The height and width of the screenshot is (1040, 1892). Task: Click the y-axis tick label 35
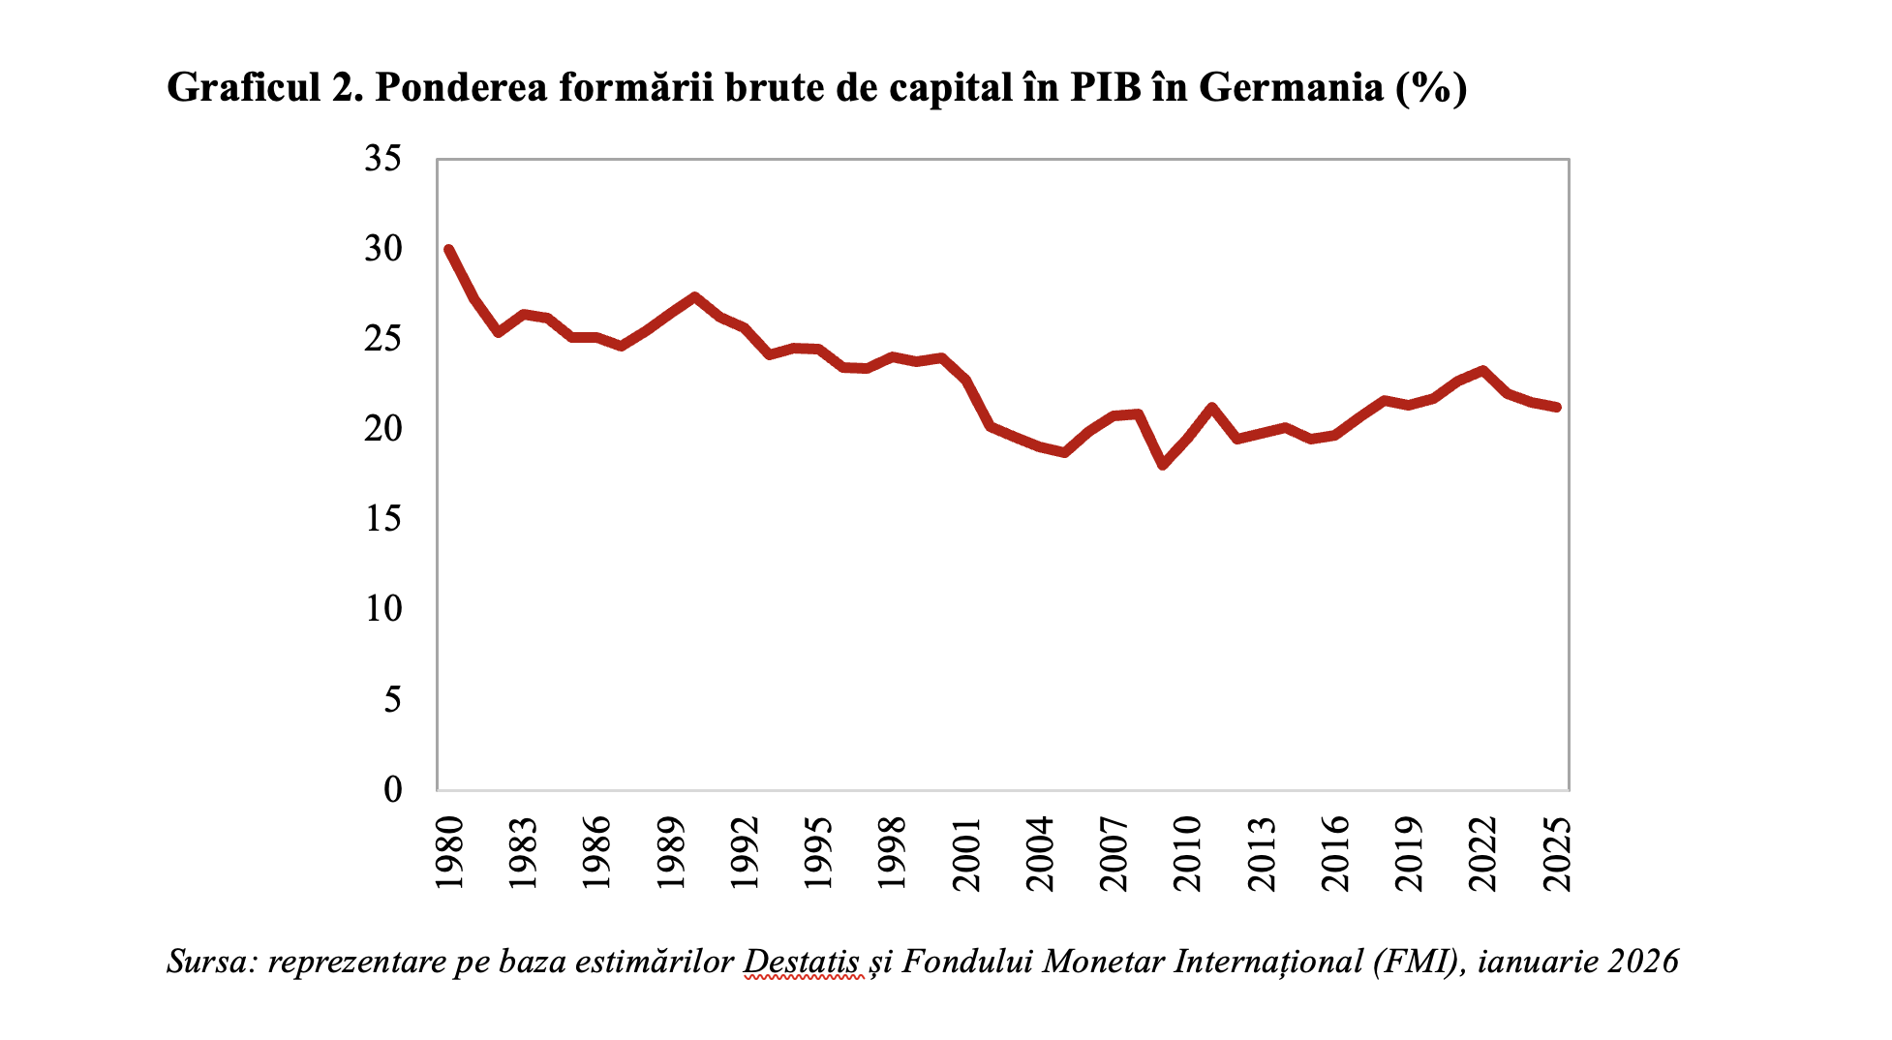(x=382, y=159)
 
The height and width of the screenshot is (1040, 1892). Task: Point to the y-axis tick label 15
(x=382, y=519)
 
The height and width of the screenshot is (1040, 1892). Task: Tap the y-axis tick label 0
(x=392, y=789)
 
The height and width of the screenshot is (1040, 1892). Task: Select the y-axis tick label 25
(x=382, y=339)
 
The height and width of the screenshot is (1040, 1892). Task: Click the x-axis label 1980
(x=449, y=853)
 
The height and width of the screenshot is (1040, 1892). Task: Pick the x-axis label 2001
(x=966, y=853)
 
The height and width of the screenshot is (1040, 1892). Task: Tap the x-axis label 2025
(x=1557, y=853)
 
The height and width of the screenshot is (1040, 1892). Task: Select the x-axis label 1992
(x=745, y=853)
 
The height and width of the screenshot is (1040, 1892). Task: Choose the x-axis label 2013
(x=1262, y=853)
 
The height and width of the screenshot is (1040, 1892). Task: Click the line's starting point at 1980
(x=449, y=249)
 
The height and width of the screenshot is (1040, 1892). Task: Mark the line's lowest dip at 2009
(x=1163, y=466)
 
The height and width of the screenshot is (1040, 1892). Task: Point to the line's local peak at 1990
(x=695, y=296)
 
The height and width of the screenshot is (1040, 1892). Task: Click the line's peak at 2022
(x=1483, y=370)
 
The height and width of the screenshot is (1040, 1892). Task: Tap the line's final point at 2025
(x=1557, y=408)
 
